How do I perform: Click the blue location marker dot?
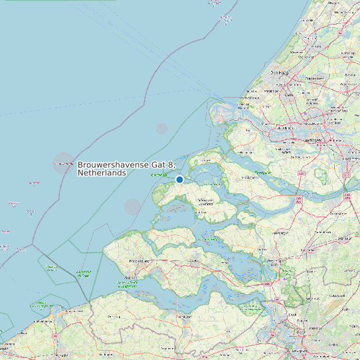[179, 179]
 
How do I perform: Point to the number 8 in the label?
[171, 165]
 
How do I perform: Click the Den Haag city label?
[279, 73]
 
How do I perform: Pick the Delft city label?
[288, 95]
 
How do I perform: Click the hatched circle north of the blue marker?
[162, 128]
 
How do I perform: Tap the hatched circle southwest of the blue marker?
[133, 207]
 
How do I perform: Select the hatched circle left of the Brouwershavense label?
[64, 163]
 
